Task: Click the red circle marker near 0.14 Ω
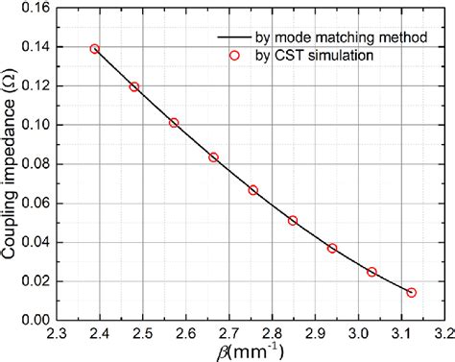94,49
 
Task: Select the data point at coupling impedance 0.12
134,87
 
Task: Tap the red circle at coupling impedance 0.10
174,123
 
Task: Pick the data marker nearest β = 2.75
253,190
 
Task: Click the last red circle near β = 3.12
412,292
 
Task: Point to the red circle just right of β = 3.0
371,272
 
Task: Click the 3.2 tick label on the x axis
443,334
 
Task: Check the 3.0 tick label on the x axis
358,334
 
